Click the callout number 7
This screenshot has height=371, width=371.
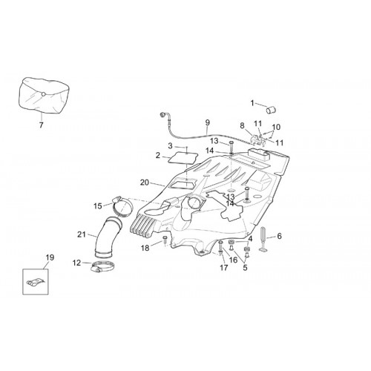[x=41, y=125]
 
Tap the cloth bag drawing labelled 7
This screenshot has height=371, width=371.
[x=44, y=95]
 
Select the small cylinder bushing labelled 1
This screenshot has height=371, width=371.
[x=271, y=110]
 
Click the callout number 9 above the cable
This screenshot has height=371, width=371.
[x=207, y=122]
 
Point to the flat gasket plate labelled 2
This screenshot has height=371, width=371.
[x=183, y=158]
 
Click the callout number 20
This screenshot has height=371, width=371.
[x=145, y=183]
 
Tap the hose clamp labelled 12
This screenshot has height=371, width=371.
[x=103, y=267]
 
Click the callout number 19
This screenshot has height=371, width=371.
[x=50, y=257]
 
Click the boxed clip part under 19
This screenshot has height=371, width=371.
[x=36, y=282]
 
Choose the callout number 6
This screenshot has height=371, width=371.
[x=279, y=236]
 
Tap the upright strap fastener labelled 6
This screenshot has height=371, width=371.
[x=263, y=239]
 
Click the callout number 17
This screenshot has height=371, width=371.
[x=224, y=267]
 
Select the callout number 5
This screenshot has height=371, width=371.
[x=245, y=268]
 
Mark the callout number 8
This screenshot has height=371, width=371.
[x=242, y=125]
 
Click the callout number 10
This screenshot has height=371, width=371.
[x=276, y=127]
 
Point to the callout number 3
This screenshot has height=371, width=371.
[x=170, y=146]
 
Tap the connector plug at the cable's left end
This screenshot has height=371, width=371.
[x=163, y=114]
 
